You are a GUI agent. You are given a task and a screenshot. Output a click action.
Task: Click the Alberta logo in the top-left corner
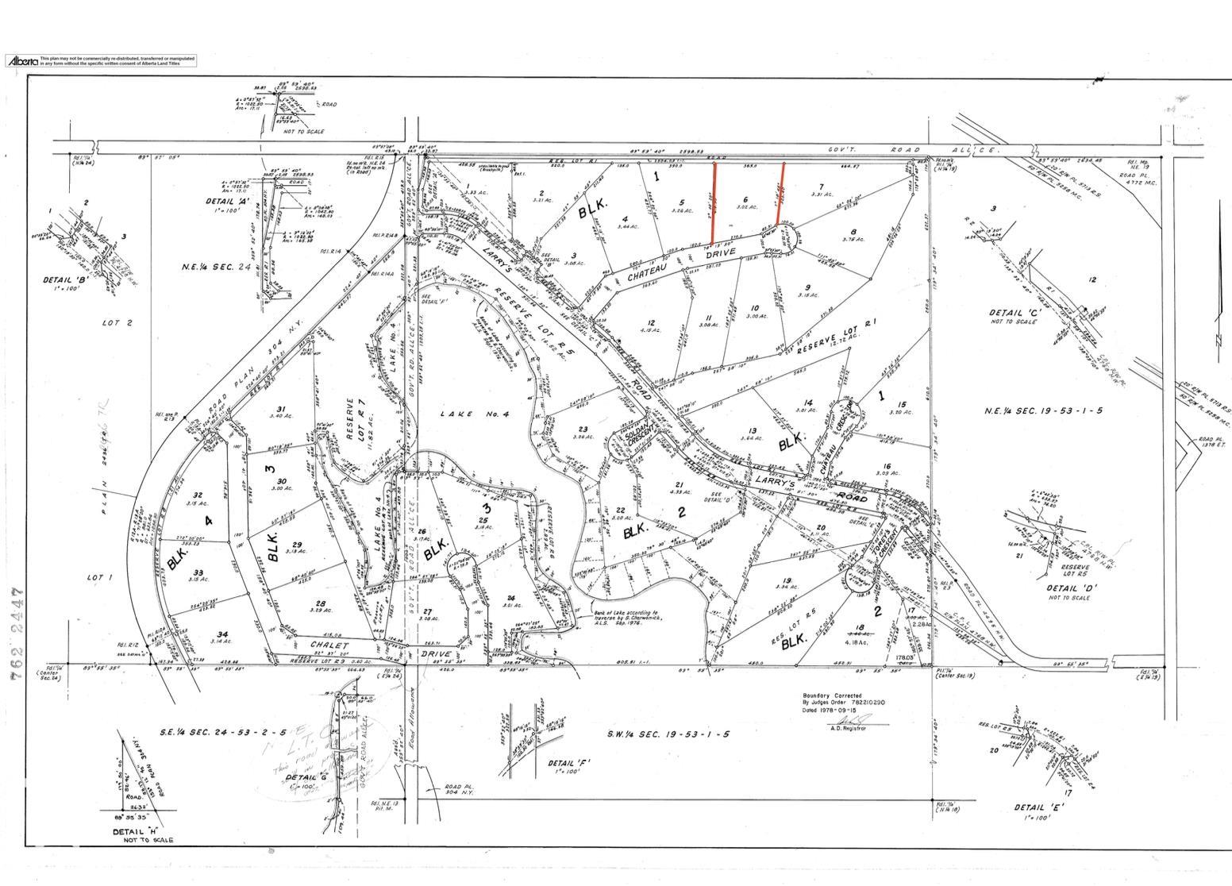click(x=22, y=60)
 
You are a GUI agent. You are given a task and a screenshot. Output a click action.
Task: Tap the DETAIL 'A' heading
click(x=227, y=202)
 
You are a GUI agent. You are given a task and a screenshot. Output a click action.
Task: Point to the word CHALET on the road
click(x=329, y=645)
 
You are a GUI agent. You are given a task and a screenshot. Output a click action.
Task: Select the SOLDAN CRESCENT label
click(x=637, y=435)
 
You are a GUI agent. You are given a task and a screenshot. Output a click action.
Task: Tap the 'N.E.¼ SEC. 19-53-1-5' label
click(x=1042, y=410)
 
